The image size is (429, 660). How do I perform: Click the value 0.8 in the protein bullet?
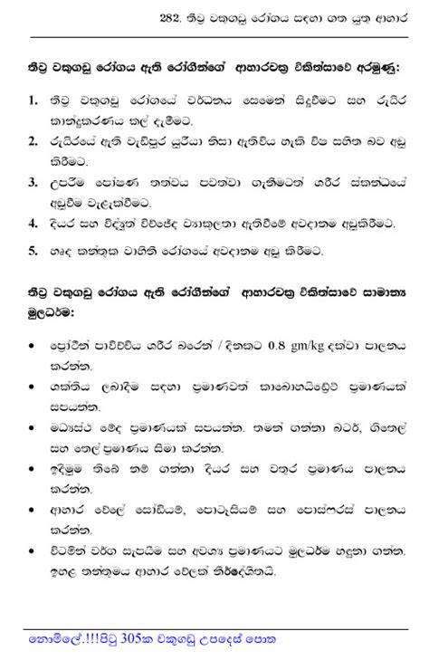273,345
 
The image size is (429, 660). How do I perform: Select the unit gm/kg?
310,346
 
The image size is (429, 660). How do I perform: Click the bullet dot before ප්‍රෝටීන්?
33,346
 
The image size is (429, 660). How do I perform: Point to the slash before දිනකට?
209,345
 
